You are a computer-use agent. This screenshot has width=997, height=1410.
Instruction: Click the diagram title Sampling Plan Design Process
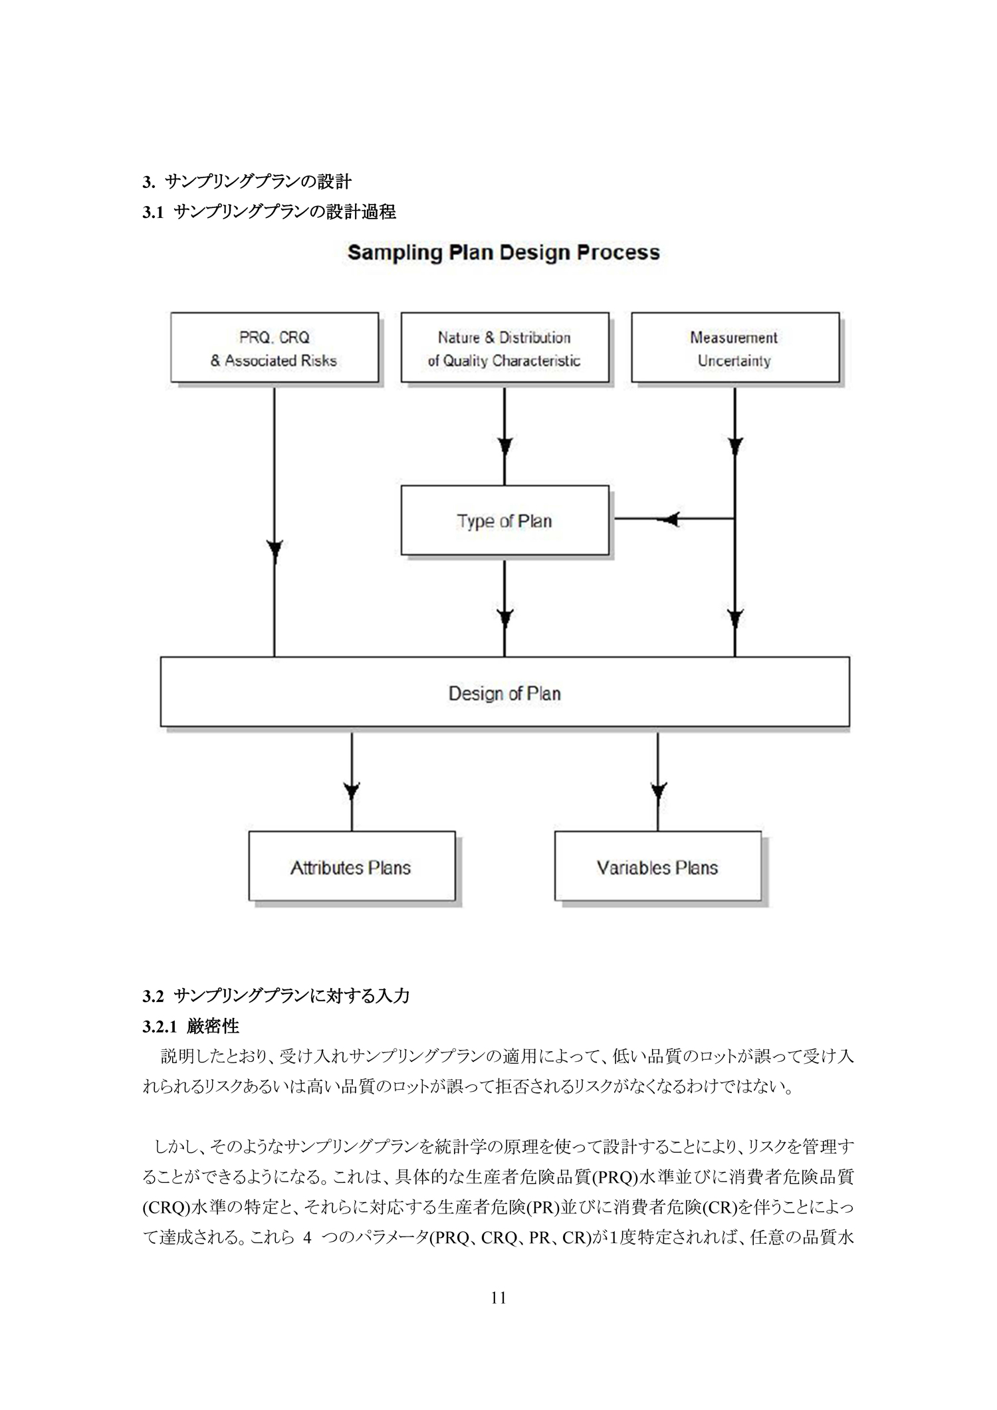point(504,253)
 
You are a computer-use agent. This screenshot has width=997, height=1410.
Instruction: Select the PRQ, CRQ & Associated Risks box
point(275,348)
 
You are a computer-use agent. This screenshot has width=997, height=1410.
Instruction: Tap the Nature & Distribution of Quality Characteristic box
point(504,348)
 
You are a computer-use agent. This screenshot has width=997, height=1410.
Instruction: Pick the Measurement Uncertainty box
point(735,348)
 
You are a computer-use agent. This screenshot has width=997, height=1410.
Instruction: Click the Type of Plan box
point(504,520)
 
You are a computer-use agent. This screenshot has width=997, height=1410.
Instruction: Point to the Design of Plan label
point(504,694)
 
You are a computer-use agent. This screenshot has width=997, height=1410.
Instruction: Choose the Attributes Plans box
point(352,866)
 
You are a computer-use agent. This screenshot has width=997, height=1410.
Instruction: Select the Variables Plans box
point(657,866)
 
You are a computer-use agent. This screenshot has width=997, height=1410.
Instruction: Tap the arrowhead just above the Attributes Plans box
point(352,791)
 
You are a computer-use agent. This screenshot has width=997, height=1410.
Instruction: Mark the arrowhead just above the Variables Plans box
point(658,791)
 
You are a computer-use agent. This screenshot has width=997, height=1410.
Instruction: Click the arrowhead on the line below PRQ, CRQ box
point(275,551)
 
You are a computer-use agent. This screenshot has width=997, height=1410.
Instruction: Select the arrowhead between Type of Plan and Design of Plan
point(504,618)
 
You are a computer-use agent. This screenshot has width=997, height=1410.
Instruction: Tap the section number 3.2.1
point(160,1027)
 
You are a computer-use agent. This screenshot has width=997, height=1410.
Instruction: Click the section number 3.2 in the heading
point(153,996)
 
